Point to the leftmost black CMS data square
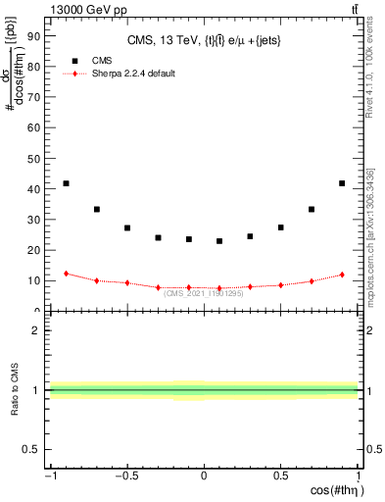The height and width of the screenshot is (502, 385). point(66,183)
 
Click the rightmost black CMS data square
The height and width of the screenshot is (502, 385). point(342,183)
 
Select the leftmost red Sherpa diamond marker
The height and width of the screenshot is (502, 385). point(66,274)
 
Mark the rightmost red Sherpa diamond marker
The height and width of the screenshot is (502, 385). point(342,275)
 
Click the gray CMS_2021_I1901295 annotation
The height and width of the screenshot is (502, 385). point(204,292)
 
